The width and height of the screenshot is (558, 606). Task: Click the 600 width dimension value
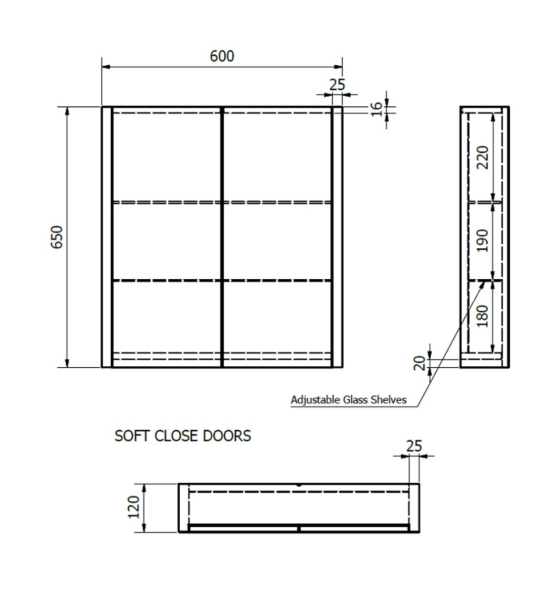pos(222,56)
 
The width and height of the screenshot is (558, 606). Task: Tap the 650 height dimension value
pos(57,237)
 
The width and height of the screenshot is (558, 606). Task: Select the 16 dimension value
pos(376,109)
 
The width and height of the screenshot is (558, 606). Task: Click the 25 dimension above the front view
pos(337,85)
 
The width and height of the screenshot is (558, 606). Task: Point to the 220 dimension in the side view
pos(483,157)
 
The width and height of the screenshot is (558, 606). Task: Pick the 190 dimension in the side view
pos(483,241)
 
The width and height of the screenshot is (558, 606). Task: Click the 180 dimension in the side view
pos(483,316)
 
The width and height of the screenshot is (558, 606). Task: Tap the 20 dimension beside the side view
pos(419,363)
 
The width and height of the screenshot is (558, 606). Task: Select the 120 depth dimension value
pos(134,507)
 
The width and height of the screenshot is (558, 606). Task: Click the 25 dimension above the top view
pos(414,446)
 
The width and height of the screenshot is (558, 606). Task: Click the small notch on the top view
pos(299,485)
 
